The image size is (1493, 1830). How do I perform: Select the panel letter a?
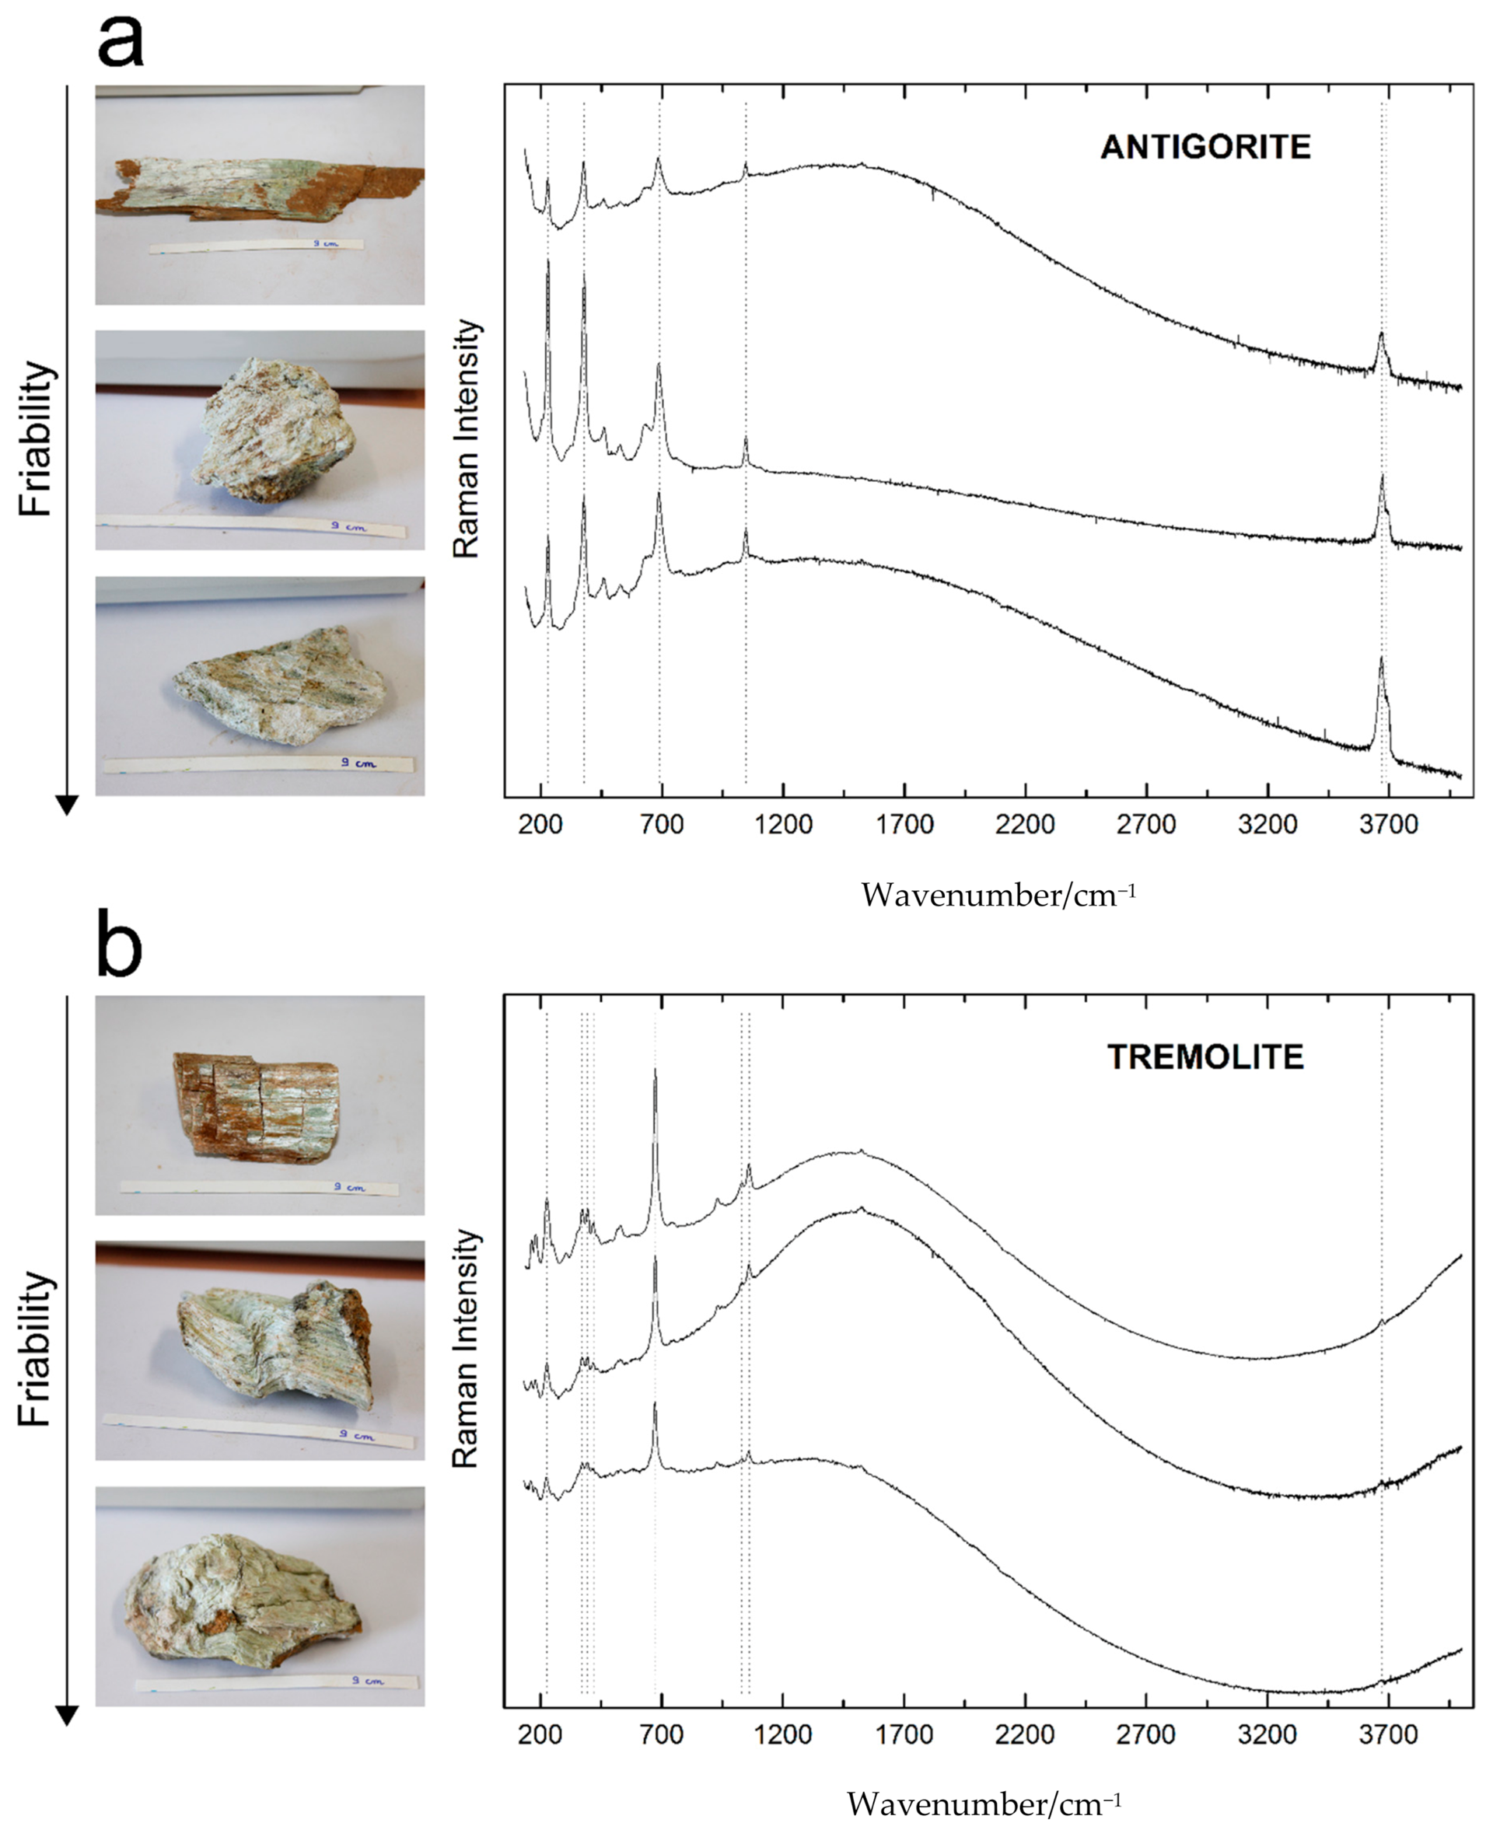(x=121, y=41)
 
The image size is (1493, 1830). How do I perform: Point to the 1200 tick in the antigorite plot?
(x=784, y=824)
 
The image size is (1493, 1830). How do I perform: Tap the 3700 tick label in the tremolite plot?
(x=1388, y=1734)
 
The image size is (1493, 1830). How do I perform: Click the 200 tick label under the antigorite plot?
(x=541, y=824)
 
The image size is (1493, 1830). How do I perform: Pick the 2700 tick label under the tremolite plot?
(x=1145, y=1734)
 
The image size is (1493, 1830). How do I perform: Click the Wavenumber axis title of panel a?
(x=998, y=896)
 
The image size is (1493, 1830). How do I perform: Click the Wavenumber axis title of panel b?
(x=984, y=1804)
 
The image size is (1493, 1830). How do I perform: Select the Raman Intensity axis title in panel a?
(x=465, y=438)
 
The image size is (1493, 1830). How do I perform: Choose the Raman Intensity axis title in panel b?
(x=465, y=1348)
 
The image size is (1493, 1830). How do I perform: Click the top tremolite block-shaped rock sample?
(x=257, y=1106)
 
